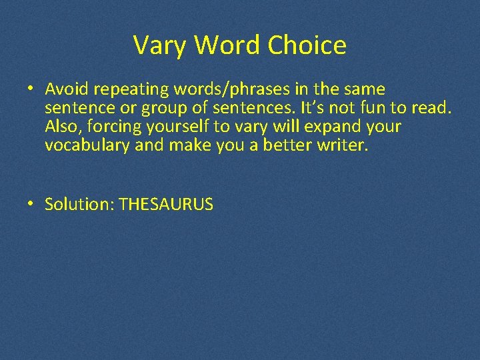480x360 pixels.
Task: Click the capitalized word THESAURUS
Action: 166,205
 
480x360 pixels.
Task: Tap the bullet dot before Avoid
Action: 31,89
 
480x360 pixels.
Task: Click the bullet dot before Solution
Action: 31,205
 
